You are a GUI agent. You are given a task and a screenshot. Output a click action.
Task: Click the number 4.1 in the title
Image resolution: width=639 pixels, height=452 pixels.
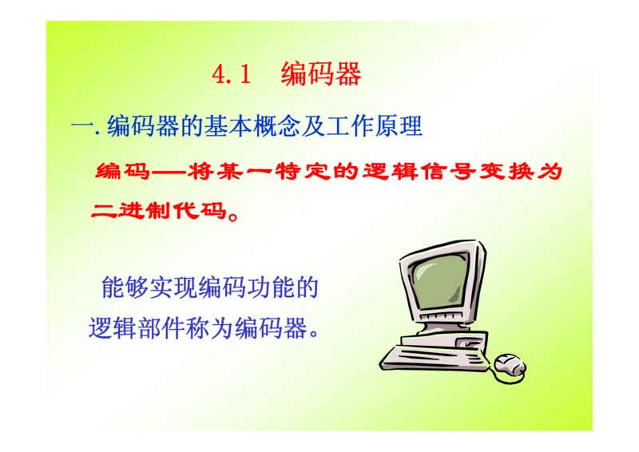tap(232, 74)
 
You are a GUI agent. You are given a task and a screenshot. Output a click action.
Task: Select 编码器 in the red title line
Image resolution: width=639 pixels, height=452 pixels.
tap(321, 74)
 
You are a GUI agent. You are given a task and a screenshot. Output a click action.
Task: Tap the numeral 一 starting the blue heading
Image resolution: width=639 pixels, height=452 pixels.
tap(81, 126)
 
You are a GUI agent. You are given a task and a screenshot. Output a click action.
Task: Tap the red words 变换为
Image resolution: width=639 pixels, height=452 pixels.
tap(532, 172)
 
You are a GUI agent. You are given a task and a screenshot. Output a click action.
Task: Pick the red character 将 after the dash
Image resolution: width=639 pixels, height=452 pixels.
tap(201, 172)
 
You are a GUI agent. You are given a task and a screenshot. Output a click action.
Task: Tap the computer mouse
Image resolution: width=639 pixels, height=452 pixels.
tap(510, 366)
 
